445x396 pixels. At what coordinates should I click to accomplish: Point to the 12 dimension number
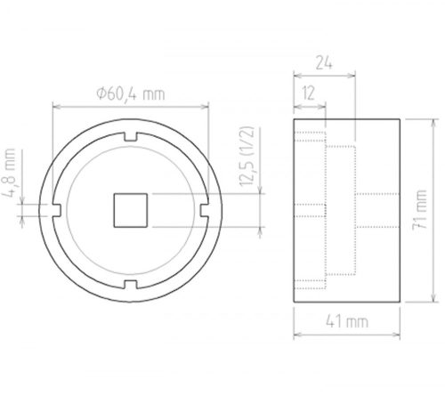coord(308,92)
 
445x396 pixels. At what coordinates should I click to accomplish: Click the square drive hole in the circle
coord(132,209)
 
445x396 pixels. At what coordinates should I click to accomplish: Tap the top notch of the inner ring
coord(132,136)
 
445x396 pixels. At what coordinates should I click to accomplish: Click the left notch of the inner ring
coord(58,210)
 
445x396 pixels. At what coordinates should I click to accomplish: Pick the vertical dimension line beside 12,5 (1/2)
coord(260,209)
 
